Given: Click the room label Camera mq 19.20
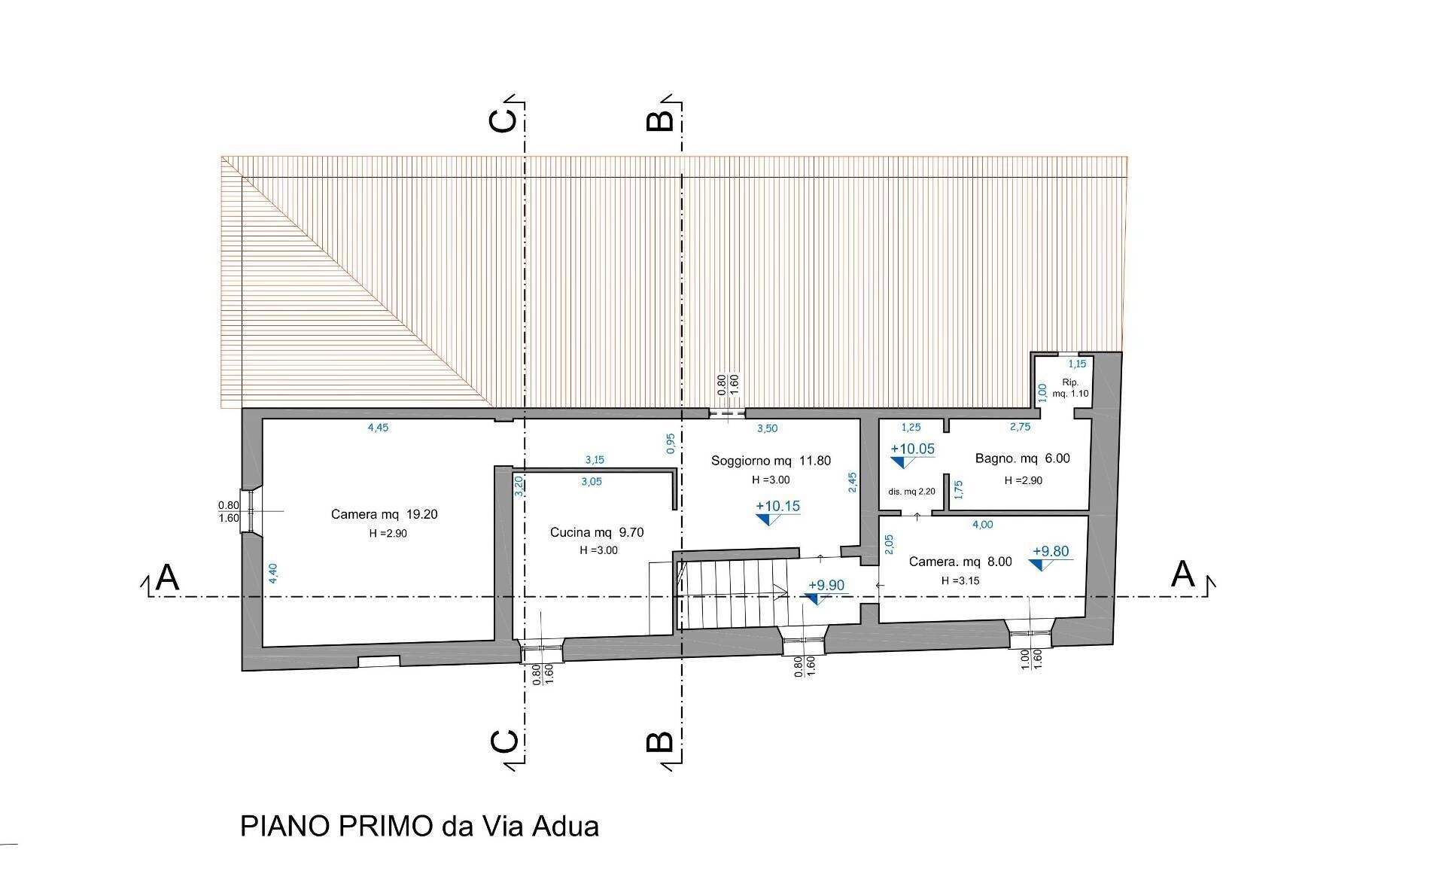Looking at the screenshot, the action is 384,515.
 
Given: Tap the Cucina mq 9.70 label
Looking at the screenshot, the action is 597,533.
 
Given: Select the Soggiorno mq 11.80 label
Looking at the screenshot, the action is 771,461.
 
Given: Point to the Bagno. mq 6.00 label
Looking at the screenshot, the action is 1022,458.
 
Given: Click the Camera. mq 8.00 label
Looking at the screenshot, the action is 960,562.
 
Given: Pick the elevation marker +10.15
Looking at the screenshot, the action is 777,507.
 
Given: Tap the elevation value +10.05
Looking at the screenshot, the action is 912,449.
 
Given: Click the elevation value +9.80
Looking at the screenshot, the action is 1051,552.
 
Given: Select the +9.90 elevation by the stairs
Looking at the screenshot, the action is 826,586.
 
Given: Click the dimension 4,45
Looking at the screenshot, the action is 378,428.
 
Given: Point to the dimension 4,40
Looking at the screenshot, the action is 274,574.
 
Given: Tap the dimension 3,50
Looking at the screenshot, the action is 767,428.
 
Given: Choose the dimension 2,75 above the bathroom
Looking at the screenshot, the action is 1020,427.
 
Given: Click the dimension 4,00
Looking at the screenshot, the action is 982,525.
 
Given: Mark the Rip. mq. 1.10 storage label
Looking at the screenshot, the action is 1070,388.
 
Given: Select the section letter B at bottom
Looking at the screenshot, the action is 660,742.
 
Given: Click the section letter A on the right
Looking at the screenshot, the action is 1183,575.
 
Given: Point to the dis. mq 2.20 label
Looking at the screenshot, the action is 911,492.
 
